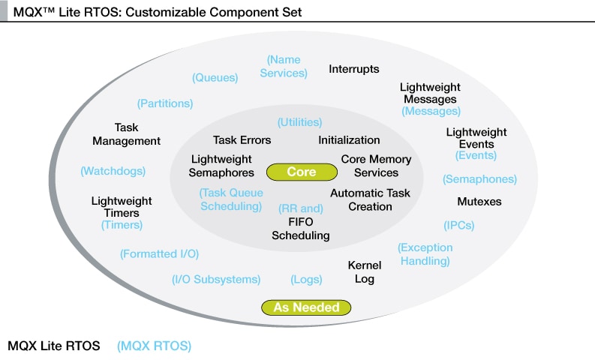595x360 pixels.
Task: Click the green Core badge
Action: tap(302, 172)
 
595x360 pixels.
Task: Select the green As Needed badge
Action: tap(306, 307)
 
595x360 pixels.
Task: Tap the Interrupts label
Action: tap(354, 69)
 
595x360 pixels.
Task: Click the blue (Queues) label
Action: tap(215, 77)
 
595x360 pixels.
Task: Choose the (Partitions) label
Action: tap(165, 103)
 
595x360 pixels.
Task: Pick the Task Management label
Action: tap(126, 134)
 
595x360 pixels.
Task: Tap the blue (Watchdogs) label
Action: tap(113, 171)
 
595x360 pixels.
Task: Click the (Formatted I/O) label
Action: tap(159, 253)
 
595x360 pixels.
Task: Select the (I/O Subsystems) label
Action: tap(216, 279)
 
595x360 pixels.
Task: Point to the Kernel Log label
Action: tap(365, 271)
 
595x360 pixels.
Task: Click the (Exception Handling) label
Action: tap(425, 254)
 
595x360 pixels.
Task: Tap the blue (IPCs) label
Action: tap(458, 224)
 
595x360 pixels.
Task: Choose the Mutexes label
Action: tap(479, 202)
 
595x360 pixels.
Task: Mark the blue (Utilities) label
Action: tap(299, 121)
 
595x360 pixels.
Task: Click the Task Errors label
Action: tap(242, 140)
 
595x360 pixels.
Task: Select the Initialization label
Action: tap(349, 140)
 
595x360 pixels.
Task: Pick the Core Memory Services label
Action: tap(376, 166)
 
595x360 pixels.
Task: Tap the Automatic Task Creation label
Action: tap(370, 199)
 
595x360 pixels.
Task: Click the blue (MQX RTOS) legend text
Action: tap(155, 346)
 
